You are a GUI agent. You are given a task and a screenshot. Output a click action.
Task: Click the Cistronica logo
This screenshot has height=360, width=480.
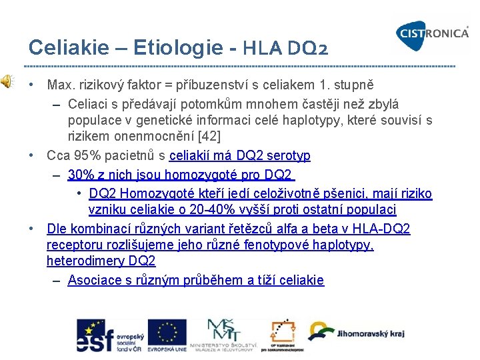(x=432, y=32)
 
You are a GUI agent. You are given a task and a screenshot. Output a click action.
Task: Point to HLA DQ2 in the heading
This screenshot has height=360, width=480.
(x=285, y=48)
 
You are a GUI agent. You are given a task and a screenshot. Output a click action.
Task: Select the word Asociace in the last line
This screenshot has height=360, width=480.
(x=94, y=280)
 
